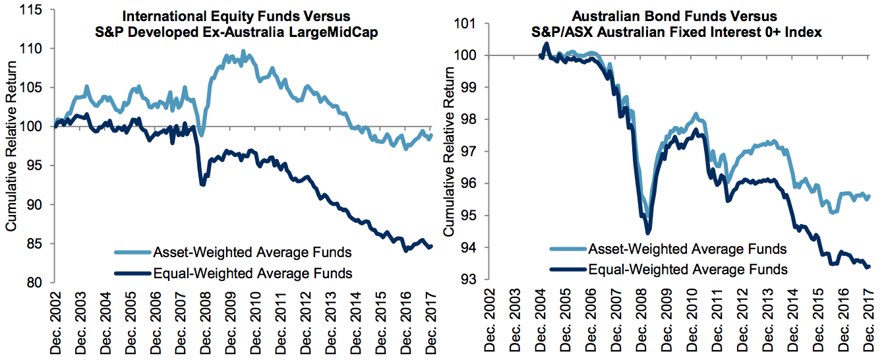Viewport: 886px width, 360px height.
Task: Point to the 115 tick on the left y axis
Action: (36, 10)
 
